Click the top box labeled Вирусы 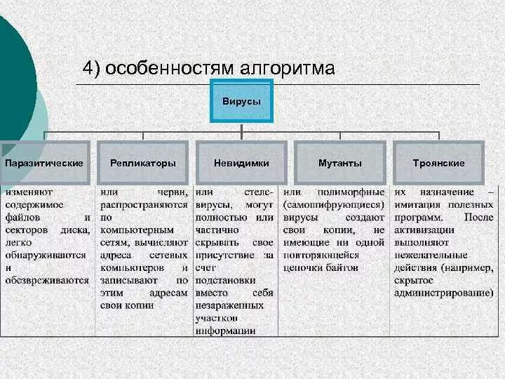(x=241, y=102)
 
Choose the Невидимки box (x=241, y=163)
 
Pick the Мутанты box (x=340, y=163)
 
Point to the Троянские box (x=439, y=163)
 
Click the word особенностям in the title (x=173, y=69)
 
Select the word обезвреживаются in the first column (x=48, y=280)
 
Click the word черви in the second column (x=171, y=192)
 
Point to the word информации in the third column (x=226, y=331)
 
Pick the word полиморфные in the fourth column (x=351, y=192)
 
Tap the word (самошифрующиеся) (x=333, y=204)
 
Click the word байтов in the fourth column (x=342, y=267)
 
